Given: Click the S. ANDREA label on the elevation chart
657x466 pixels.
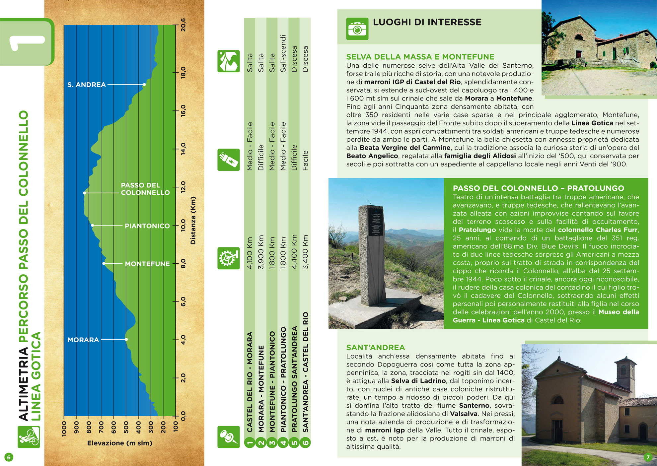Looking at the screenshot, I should coord(87,85).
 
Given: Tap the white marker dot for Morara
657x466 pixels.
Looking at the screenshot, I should coord(126,339).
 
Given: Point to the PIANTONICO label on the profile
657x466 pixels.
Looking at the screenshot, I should coord(147,226).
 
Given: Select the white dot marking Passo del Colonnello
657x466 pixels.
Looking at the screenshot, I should coord(85,193).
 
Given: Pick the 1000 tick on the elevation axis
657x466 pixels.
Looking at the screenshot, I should coord(64,428).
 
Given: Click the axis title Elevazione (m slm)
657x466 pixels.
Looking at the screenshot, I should coord(119,443).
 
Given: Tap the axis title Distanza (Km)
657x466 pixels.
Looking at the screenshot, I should coord(193,221).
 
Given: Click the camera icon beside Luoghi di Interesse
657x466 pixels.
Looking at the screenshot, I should coord(357,29).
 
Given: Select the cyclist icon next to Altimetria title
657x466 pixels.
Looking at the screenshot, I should coord(29,437).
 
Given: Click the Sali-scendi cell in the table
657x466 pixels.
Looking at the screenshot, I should coord(283,53).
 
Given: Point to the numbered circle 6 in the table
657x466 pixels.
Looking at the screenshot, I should coord(305,442).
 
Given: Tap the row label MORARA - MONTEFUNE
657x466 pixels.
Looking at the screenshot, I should coord(261,388).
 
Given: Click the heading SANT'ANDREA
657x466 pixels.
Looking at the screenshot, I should coord(375,347).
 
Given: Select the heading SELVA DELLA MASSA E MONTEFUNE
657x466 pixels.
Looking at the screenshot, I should coord(420,57).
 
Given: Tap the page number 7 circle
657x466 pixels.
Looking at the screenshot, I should coord(648,457).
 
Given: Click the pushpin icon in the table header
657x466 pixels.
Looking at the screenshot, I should coord(228,437).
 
